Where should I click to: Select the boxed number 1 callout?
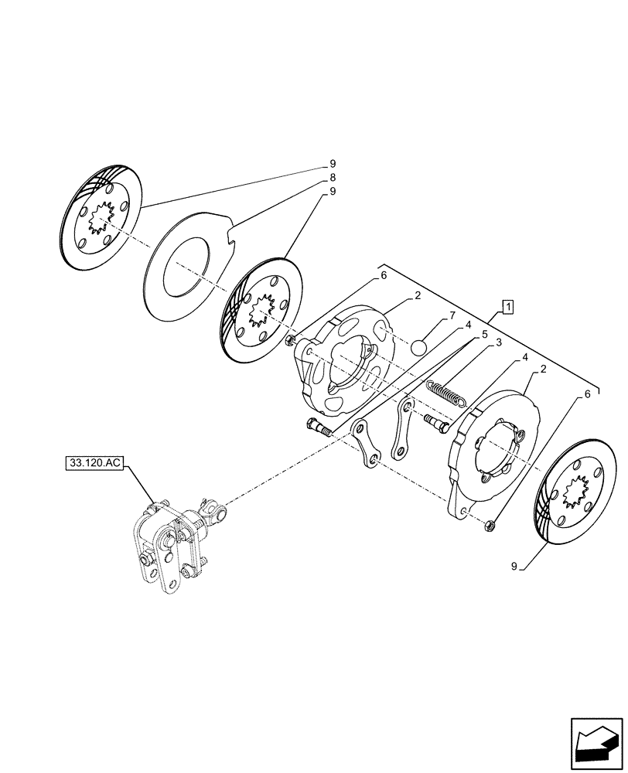(507, 308)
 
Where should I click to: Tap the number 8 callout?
(333, 177)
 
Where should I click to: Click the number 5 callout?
(484, 334)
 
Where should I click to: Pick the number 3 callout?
(499, 342)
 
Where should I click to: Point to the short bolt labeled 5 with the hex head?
(319, 426)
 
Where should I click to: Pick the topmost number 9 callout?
(333, 163)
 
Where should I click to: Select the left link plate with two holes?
(364, 445)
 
